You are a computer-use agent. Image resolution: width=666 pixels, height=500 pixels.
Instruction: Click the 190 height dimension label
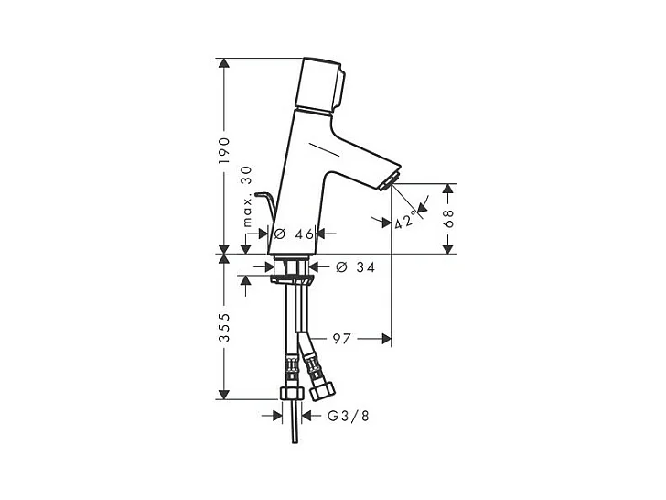224,150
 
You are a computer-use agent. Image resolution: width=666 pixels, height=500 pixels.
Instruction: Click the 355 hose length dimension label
224,328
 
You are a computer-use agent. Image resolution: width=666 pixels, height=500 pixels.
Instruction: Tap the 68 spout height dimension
449,219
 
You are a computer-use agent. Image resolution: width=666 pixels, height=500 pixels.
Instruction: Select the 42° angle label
404,220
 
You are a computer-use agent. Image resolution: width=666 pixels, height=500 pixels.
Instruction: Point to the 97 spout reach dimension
341,339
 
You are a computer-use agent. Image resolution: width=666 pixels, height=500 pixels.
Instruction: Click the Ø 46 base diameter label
294,234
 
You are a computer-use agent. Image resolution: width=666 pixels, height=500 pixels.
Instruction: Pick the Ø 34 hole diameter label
356,267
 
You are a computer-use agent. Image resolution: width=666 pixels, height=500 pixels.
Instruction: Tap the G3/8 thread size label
349,416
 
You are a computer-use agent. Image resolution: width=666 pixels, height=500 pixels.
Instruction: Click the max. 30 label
247,196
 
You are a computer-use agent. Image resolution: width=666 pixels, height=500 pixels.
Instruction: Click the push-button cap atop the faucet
322,86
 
